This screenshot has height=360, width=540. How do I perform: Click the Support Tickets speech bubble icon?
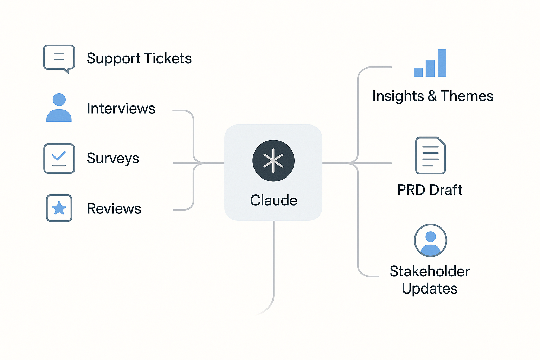(x=59, y=58)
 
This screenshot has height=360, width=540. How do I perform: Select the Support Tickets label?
(x=139, y=58)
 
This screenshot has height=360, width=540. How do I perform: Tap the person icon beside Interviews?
(x=59, y=108)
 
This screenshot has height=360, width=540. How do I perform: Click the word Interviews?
(x=121, y=108)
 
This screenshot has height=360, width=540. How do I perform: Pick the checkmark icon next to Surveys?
(x=59, y=158)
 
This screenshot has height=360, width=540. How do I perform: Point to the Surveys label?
(x=113, y=159)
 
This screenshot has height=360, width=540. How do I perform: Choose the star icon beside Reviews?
(x=59, y=208)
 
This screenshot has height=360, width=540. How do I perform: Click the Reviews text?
(x=114, y=209)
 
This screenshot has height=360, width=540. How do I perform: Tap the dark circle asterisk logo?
(x=273, y=161)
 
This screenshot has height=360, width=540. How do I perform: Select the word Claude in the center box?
(x=274, y=200)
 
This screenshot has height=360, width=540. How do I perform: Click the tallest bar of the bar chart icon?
(x=442, y=63)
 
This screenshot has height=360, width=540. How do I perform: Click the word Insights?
(x=398, y=96)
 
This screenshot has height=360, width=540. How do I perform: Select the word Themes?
(x=467, y=96)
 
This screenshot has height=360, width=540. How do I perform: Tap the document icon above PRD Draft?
(x=430, y=155)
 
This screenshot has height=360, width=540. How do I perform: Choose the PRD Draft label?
(x=430, y=190)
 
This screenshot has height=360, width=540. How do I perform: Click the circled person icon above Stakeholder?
(x=430, y=240)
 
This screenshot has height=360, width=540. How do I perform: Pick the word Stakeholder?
(x=430, y=271)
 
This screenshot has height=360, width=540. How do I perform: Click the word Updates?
(x=430, y=289)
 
